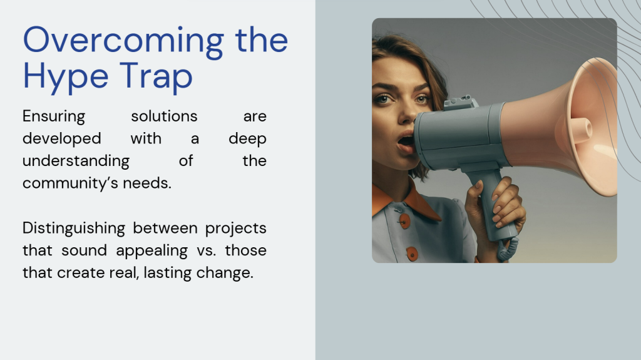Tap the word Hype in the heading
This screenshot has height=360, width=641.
click(66, 78)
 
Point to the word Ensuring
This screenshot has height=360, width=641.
click(54, 116)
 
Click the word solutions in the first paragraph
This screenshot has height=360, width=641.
click(164, 116)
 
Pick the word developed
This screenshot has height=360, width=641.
click(62, 139)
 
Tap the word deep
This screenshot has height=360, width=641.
click(247, 139)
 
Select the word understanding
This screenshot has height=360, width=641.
click(76, 161)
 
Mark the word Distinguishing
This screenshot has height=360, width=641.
click(74, 229)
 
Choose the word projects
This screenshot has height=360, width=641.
click(235, 229)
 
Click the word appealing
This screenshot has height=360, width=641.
click(151, 250)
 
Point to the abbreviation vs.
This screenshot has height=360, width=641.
click(206, 251)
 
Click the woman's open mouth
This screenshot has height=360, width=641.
click(405, 142)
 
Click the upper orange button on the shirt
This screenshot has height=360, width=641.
click(404, 221)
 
